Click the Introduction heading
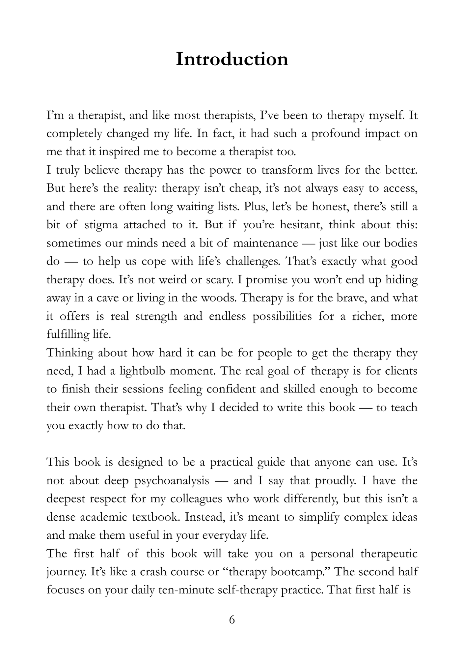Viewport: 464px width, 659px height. pyautogui.click(x=232, y=59)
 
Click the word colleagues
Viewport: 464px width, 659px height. pyautogui.click(x=196, y=499)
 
